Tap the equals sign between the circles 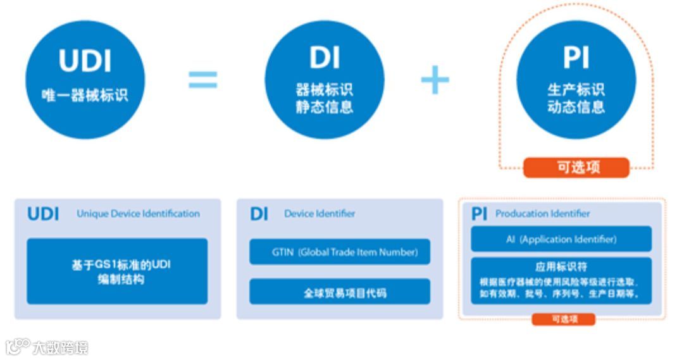click(x=202, y=79)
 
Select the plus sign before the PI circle click(x=435, y=80)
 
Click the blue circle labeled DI click(x=324, y=78)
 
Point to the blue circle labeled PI click(x=576, y=78)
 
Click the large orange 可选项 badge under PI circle click(x=576, y=168)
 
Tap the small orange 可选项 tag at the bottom click(x=563, y=320)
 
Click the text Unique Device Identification click(x=138, y=214)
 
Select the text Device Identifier click(x=320, y=214)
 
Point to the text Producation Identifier click(x=542, y=214)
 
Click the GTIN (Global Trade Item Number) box click(x=340, y=252)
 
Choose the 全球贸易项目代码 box click(x=340, y=292)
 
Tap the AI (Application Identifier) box click(x=561, y=239)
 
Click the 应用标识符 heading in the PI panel click(x=561, y=267)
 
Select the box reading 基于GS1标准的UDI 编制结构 click(x=117, y=271)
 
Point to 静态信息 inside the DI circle click(x=324, y=106)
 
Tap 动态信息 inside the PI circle click(x=576, y=106)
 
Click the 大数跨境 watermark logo click(x=47, y=347)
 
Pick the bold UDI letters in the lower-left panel click(x=43, y=214)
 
